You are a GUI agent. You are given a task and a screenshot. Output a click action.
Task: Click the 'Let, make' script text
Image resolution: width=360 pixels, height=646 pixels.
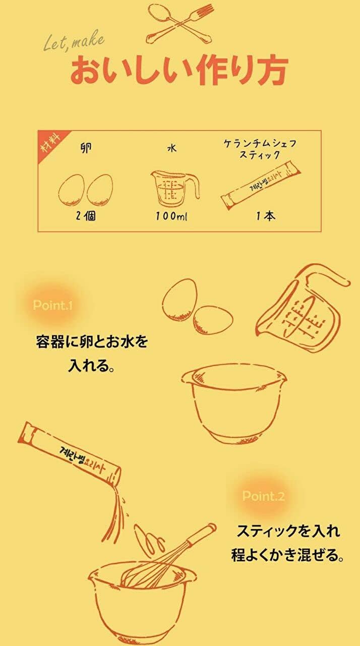pyautogui.click(x=74, y=41)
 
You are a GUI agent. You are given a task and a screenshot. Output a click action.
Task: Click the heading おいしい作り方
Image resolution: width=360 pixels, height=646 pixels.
pyautogui.click(x=179, y=70)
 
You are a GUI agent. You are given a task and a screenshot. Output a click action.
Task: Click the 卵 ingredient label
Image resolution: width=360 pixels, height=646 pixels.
pyautogui.click(x=86, y=148)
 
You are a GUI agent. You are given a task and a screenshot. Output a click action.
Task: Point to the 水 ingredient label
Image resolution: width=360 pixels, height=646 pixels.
pyautogui.click(x=172, y=148)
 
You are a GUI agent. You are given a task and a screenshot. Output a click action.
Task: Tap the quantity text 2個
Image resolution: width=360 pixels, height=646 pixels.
pyautogui.click(x=86, y=216)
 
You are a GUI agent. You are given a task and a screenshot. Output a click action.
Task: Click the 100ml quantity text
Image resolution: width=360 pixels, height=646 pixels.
pyautogui.click(x=171, y=216)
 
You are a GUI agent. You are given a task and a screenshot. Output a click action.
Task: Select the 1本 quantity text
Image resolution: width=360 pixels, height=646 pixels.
pyautogui.click(x=266, y=216)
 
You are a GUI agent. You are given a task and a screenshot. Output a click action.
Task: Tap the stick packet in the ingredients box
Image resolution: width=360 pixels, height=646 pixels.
pyautogui.click(x=261, y=186)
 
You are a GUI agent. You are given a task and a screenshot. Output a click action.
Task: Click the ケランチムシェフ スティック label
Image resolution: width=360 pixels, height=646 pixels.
pyautogui.click(x=260, y=149)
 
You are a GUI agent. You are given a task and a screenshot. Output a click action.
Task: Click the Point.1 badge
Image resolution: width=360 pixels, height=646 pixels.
pyautogui.click(x=53, y=305)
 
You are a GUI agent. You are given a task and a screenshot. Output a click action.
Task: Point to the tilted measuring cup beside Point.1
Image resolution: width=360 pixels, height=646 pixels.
pyautogui.click(x=303, y=308)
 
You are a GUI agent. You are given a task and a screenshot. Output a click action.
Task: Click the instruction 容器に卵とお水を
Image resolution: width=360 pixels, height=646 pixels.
pyautogui.click(x=92, y=342)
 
